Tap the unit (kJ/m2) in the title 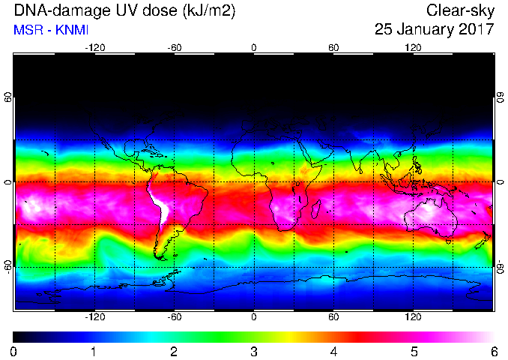[208, 11]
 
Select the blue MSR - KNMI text [51, 30]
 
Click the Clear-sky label [460, 11]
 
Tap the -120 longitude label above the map [95, 48]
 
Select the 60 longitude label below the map [333, 316]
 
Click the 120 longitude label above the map [413, 48]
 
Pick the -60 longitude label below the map [175, 316]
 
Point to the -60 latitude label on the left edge [7, 266]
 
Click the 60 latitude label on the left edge [7, 97]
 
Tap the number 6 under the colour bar [494, 352]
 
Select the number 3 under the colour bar [254, 352]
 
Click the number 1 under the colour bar [94, 352]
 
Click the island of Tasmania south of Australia [448, 241]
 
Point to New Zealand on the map [483, 241]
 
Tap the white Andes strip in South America [160, 204]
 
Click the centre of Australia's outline [431, 216]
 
